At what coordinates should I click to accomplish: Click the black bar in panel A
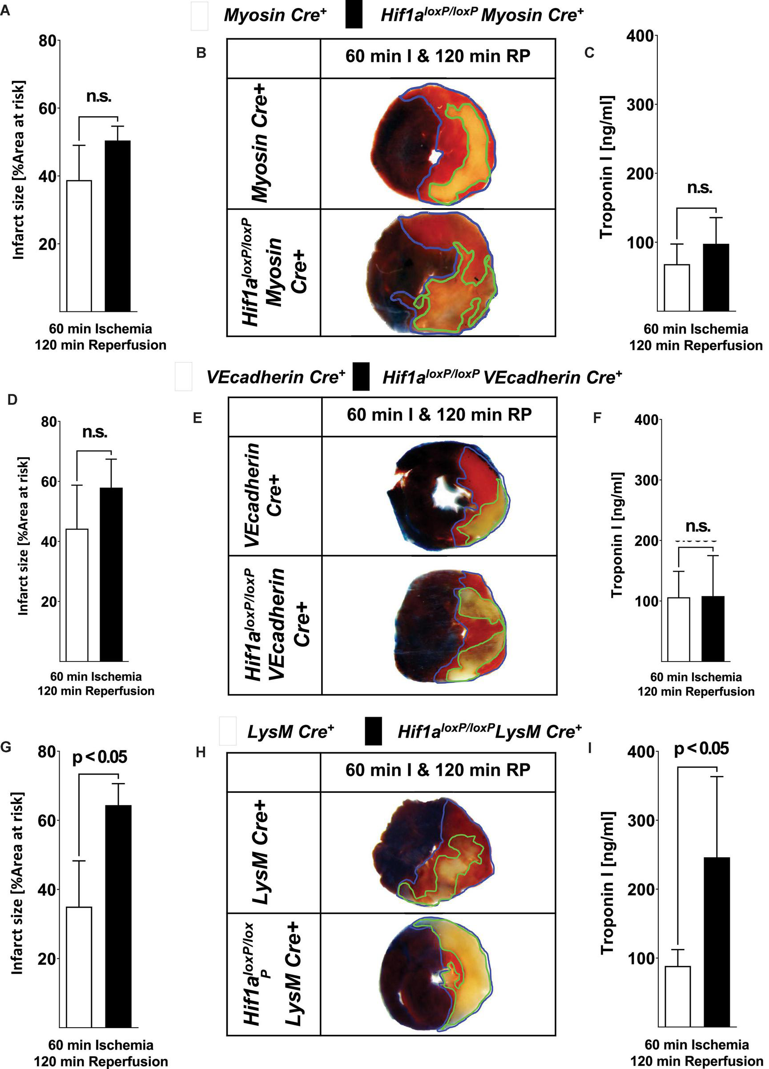click(117, 226)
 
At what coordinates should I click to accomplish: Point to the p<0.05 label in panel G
click(100, 758)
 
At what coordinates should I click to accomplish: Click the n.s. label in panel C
click(699, 188)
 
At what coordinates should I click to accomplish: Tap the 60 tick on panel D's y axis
click(48, 481)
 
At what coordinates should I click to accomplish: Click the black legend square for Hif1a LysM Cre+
click(374, 731)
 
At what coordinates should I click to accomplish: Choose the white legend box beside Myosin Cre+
click(199, 16)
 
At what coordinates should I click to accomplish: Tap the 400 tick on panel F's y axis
click(648, 420)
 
